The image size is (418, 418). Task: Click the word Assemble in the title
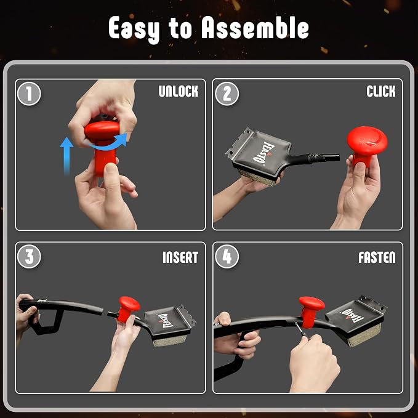255,28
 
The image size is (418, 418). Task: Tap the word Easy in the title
134,30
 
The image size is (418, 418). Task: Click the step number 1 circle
29,94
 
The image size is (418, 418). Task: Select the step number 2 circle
227,94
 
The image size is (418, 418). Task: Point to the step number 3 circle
29,257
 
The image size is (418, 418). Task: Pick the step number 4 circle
227,257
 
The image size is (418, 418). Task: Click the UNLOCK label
179,91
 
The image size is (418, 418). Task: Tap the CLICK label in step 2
381,91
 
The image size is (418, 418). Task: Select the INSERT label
180,257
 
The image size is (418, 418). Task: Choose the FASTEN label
377,257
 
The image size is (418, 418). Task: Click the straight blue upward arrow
66,156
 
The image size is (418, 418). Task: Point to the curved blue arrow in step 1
107,145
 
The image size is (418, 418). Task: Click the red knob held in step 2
366,145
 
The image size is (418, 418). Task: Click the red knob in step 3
127,308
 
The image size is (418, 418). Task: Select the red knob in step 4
311,311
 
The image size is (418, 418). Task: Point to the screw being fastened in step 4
300,329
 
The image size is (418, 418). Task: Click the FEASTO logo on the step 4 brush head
352,316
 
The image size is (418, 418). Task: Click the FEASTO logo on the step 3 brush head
165,321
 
